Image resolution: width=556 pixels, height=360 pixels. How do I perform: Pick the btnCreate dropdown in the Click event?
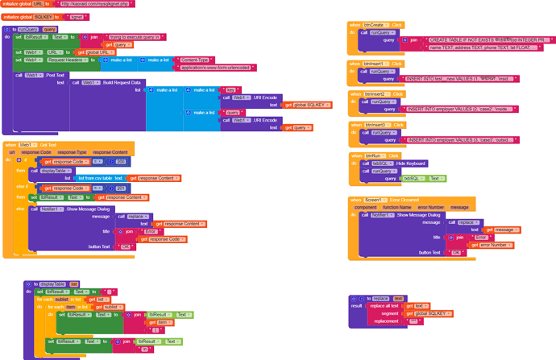pyautogui.click(x=376, y=25)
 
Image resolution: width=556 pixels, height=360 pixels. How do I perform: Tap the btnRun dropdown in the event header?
pyautogui.click(x=375, y=155)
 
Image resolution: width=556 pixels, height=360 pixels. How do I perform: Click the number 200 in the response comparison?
pyautogui.click(x=120, y=161)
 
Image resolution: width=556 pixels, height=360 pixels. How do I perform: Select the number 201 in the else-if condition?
pyautogui.click(x=120, y=188)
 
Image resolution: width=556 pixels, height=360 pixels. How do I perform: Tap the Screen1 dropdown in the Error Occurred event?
pyautogui.click(x=375, y=199)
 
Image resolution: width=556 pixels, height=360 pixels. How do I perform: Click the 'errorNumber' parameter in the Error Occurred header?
pyautogui.click(x=429, y=207)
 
